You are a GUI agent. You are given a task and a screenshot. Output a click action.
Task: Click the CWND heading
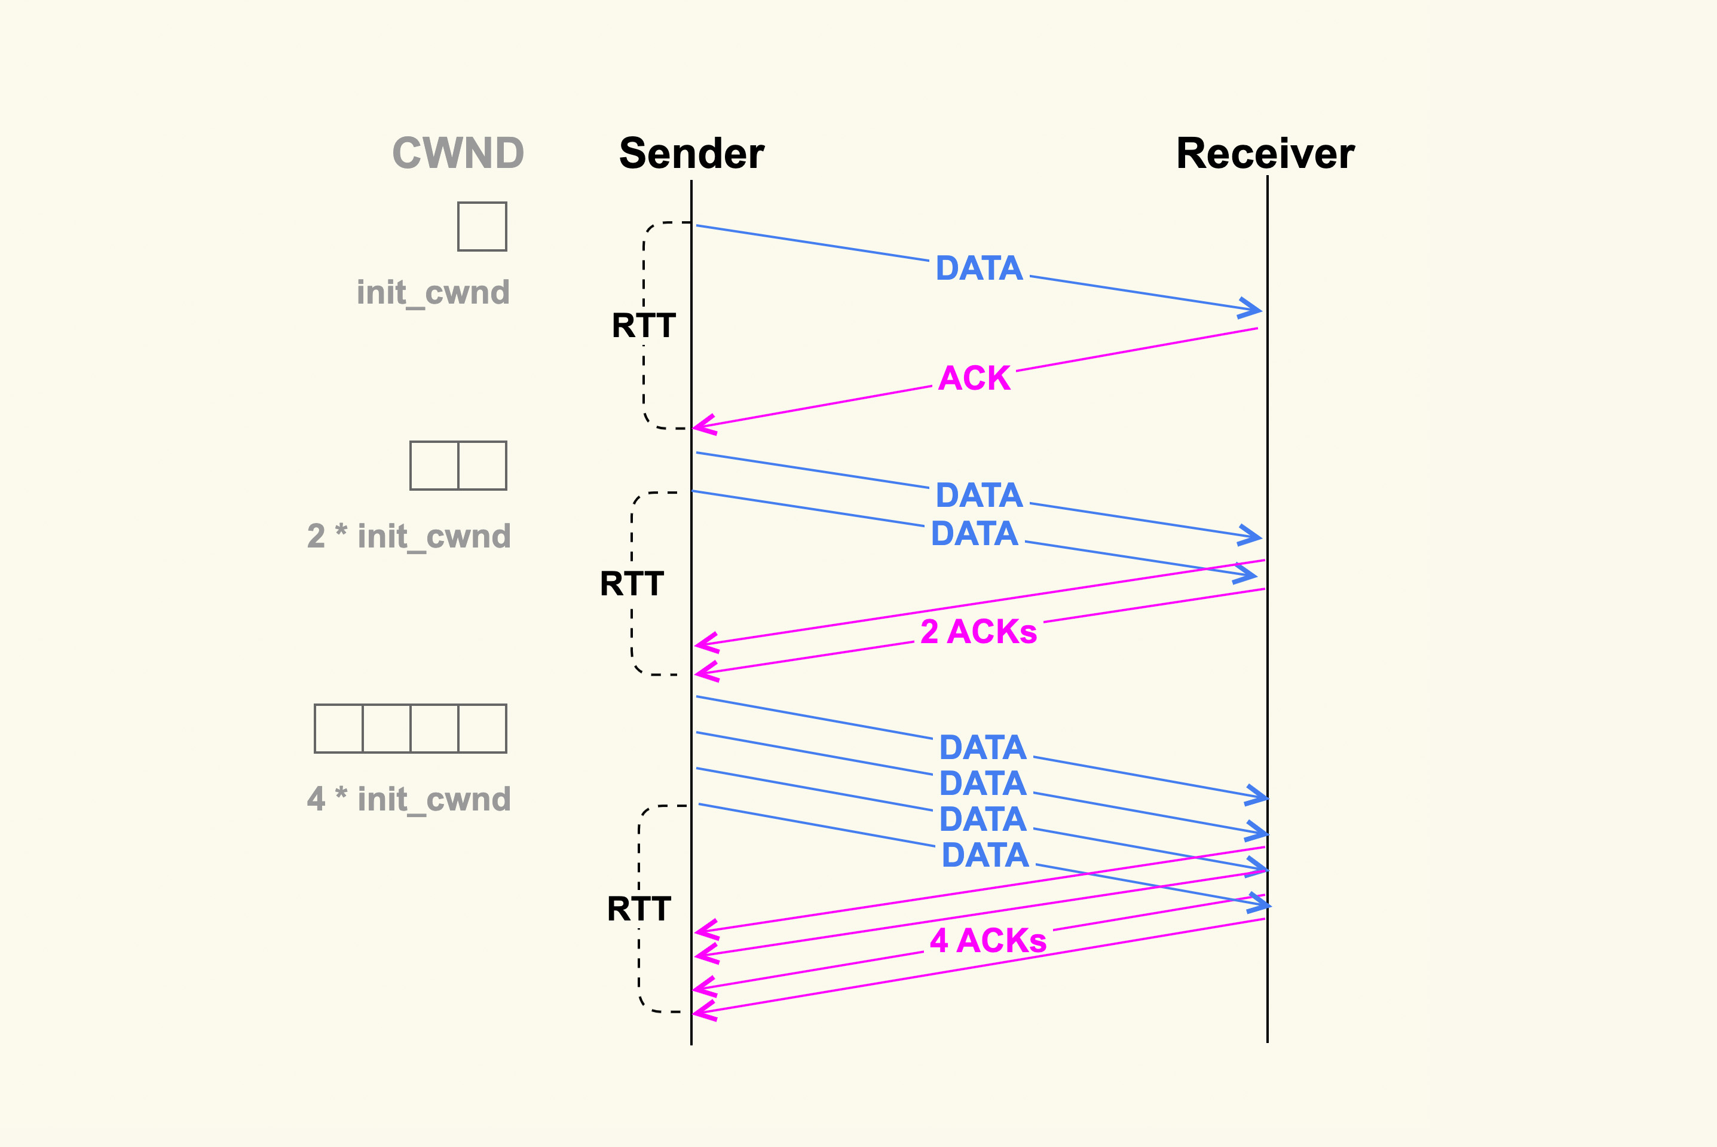point(458,154)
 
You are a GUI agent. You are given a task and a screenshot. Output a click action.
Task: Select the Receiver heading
point(1265,154)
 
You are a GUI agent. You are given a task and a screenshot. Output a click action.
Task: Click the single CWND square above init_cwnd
point(482,227)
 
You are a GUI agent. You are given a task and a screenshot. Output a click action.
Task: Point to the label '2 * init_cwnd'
point(409,536)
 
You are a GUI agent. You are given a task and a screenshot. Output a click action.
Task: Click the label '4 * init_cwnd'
point(409,799)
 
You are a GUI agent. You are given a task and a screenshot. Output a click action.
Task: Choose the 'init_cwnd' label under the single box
point(433,293)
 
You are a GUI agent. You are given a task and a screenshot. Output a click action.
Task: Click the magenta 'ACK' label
point(974,378)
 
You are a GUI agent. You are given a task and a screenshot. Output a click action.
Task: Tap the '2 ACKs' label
point(978,631)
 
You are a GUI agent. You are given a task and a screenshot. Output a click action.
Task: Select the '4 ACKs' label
point(988,941)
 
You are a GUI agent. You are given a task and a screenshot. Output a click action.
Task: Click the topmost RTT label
point(644,326)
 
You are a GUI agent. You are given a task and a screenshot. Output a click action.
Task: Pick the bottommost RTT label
point(639,909)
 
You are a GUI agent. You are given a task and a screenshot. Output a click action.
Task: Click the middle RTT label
point(632,584)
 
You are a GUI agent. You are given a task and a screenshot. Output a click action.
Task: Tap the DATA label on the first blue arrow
point(979,268)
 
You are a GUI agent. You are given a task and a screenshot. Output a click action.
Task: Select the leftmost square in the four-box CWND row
point(339,729)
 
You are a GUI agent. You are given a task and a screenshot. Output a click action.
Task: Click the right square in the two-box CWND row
point(482,465)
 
